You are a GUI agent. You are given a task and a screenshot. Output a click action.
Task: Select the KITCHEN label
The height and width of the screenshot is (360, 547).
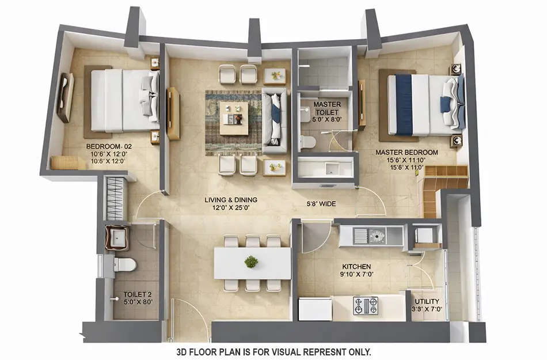(356, 267)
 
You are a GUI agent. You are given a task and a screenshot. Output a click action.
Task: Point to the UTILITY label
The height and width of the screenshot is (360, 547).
(427, 301)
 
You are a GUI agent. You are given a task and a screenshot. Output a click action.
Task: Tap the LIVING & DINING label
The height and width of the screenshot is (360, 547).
(230, 200)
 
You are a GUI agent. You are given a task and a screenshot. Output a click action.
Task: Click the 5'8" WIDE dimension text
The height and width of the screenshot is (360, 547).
(321, 203)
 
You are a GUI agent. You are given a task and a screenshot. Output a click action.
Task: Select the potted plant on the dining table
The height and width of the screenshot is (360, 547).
(251, 262)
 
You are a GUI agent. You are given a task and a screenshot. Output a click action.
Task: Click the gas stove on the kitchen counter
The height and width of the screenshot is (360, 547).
(365, 305)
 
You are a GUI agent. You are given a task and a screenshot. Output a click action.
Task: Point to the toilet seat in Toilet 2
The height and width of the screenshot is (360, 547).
(124, 264)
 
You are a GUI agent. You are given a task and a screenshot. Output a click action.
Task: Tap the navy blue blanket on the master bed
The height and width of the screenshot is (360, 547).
(404, 104)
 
